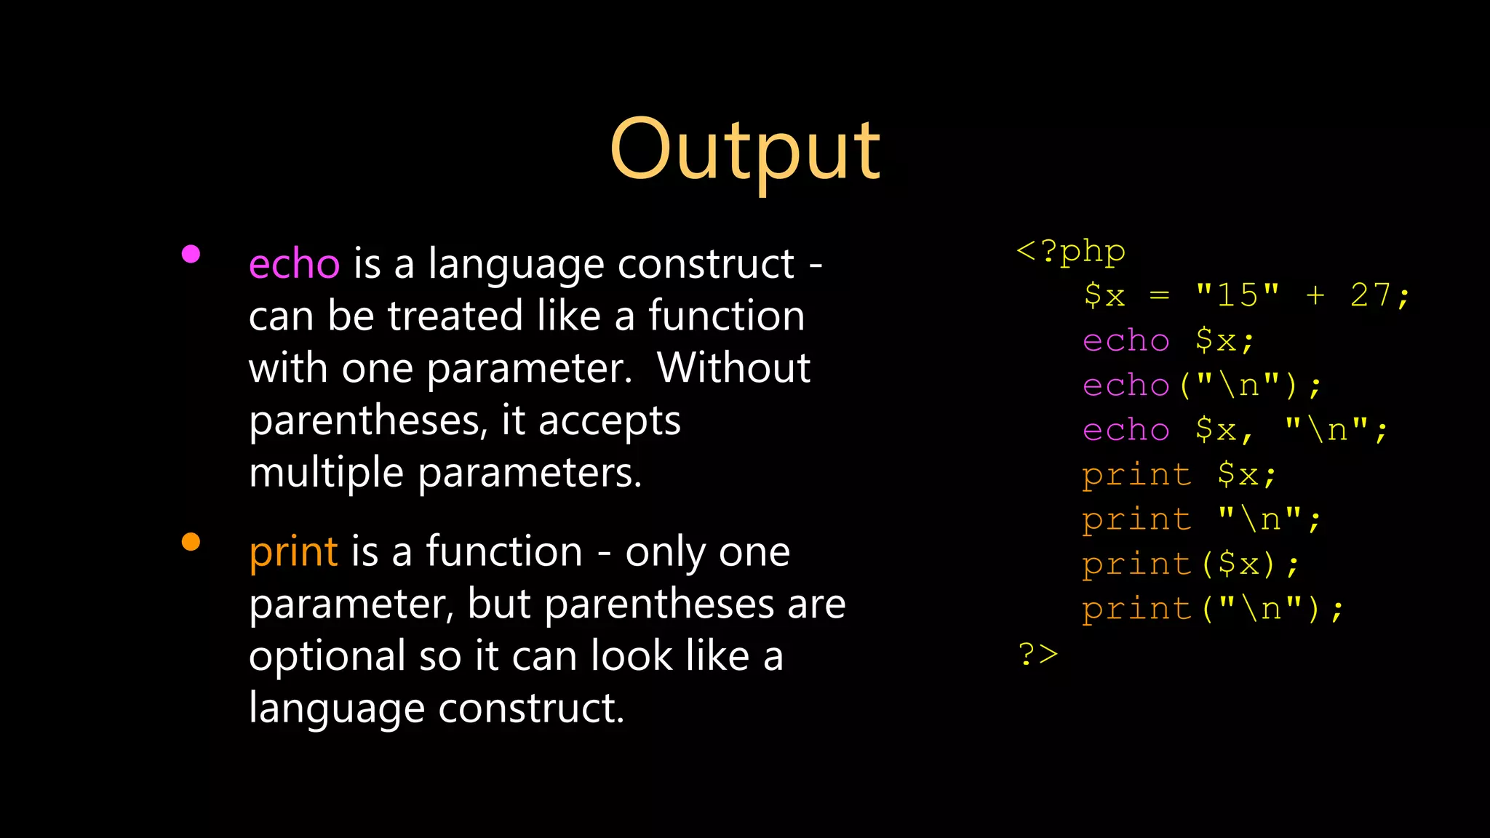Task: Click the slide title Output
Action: coord(745,151)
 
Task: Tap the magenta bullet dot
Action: coord(191,254)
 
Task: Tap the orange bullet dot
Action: coord(191,542)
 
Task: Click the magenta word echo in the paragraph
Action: coord(294,264)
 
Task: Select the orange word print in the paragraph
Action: coord(293,552)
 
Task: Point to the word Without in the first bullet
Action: coord(733,368)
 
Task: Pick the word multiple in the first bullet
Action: coord(326,474)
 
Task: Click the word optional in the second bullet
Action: coord(327,657)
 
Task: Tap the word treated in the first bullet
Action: coord(455,316)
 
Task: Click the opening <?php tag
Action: coord(1070,252)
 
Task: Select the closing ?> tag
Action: coord(1037,654)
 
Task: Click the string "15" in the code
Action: coord(1238,296)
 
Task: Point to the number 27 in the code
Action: coord(1371,296)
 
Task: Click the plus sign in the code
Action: coord(1315,296)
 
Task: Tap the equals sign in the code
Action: coord(1159,296)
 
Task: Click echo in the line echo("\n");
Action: coord(1126,386)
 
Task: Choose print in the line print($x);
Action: coord(1136,564)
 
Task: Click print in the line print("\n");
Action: coord(1136,609)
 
